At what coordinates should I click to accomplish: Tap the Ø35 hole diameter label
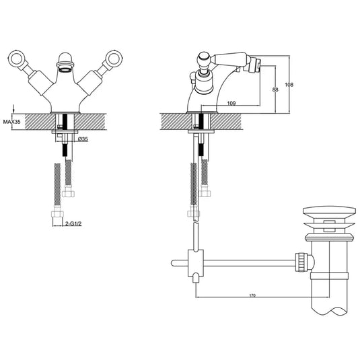pyautogui.click(x=83, y=139)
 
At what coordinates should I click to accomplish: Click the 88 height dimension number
pyautogui.click(x=275, y=88)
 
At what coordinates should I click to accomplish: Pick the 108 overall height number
pyautogui.click(x=290, y=85)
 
